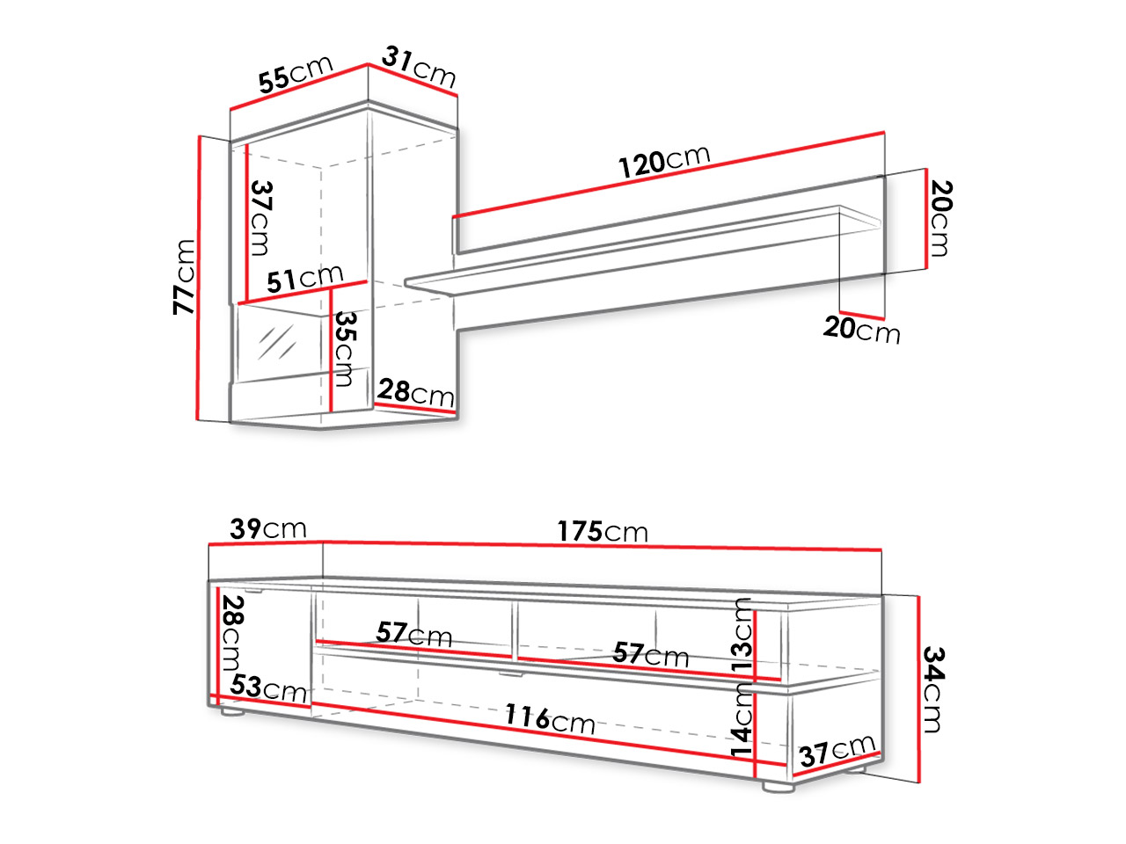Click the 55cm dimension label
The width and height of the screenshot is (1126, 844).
296,75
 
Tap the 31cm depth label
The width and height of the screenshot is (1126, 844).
419,67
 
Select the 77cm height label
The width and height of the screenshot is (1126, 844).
184,277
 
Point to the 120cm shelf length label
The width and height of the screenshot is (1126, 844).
664,161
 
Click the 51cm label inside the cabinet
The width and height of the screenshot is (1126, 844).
304,279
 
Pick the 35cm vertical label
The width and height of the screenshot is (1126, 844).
345,349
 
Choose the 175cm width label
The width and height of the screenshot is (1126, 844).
603,531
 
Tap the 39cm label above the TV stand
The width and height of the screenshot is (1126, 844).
267,528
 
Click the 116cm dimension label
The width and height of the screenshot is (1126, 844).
550,718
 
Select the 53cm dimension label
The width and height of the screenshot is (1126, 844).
268,688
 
